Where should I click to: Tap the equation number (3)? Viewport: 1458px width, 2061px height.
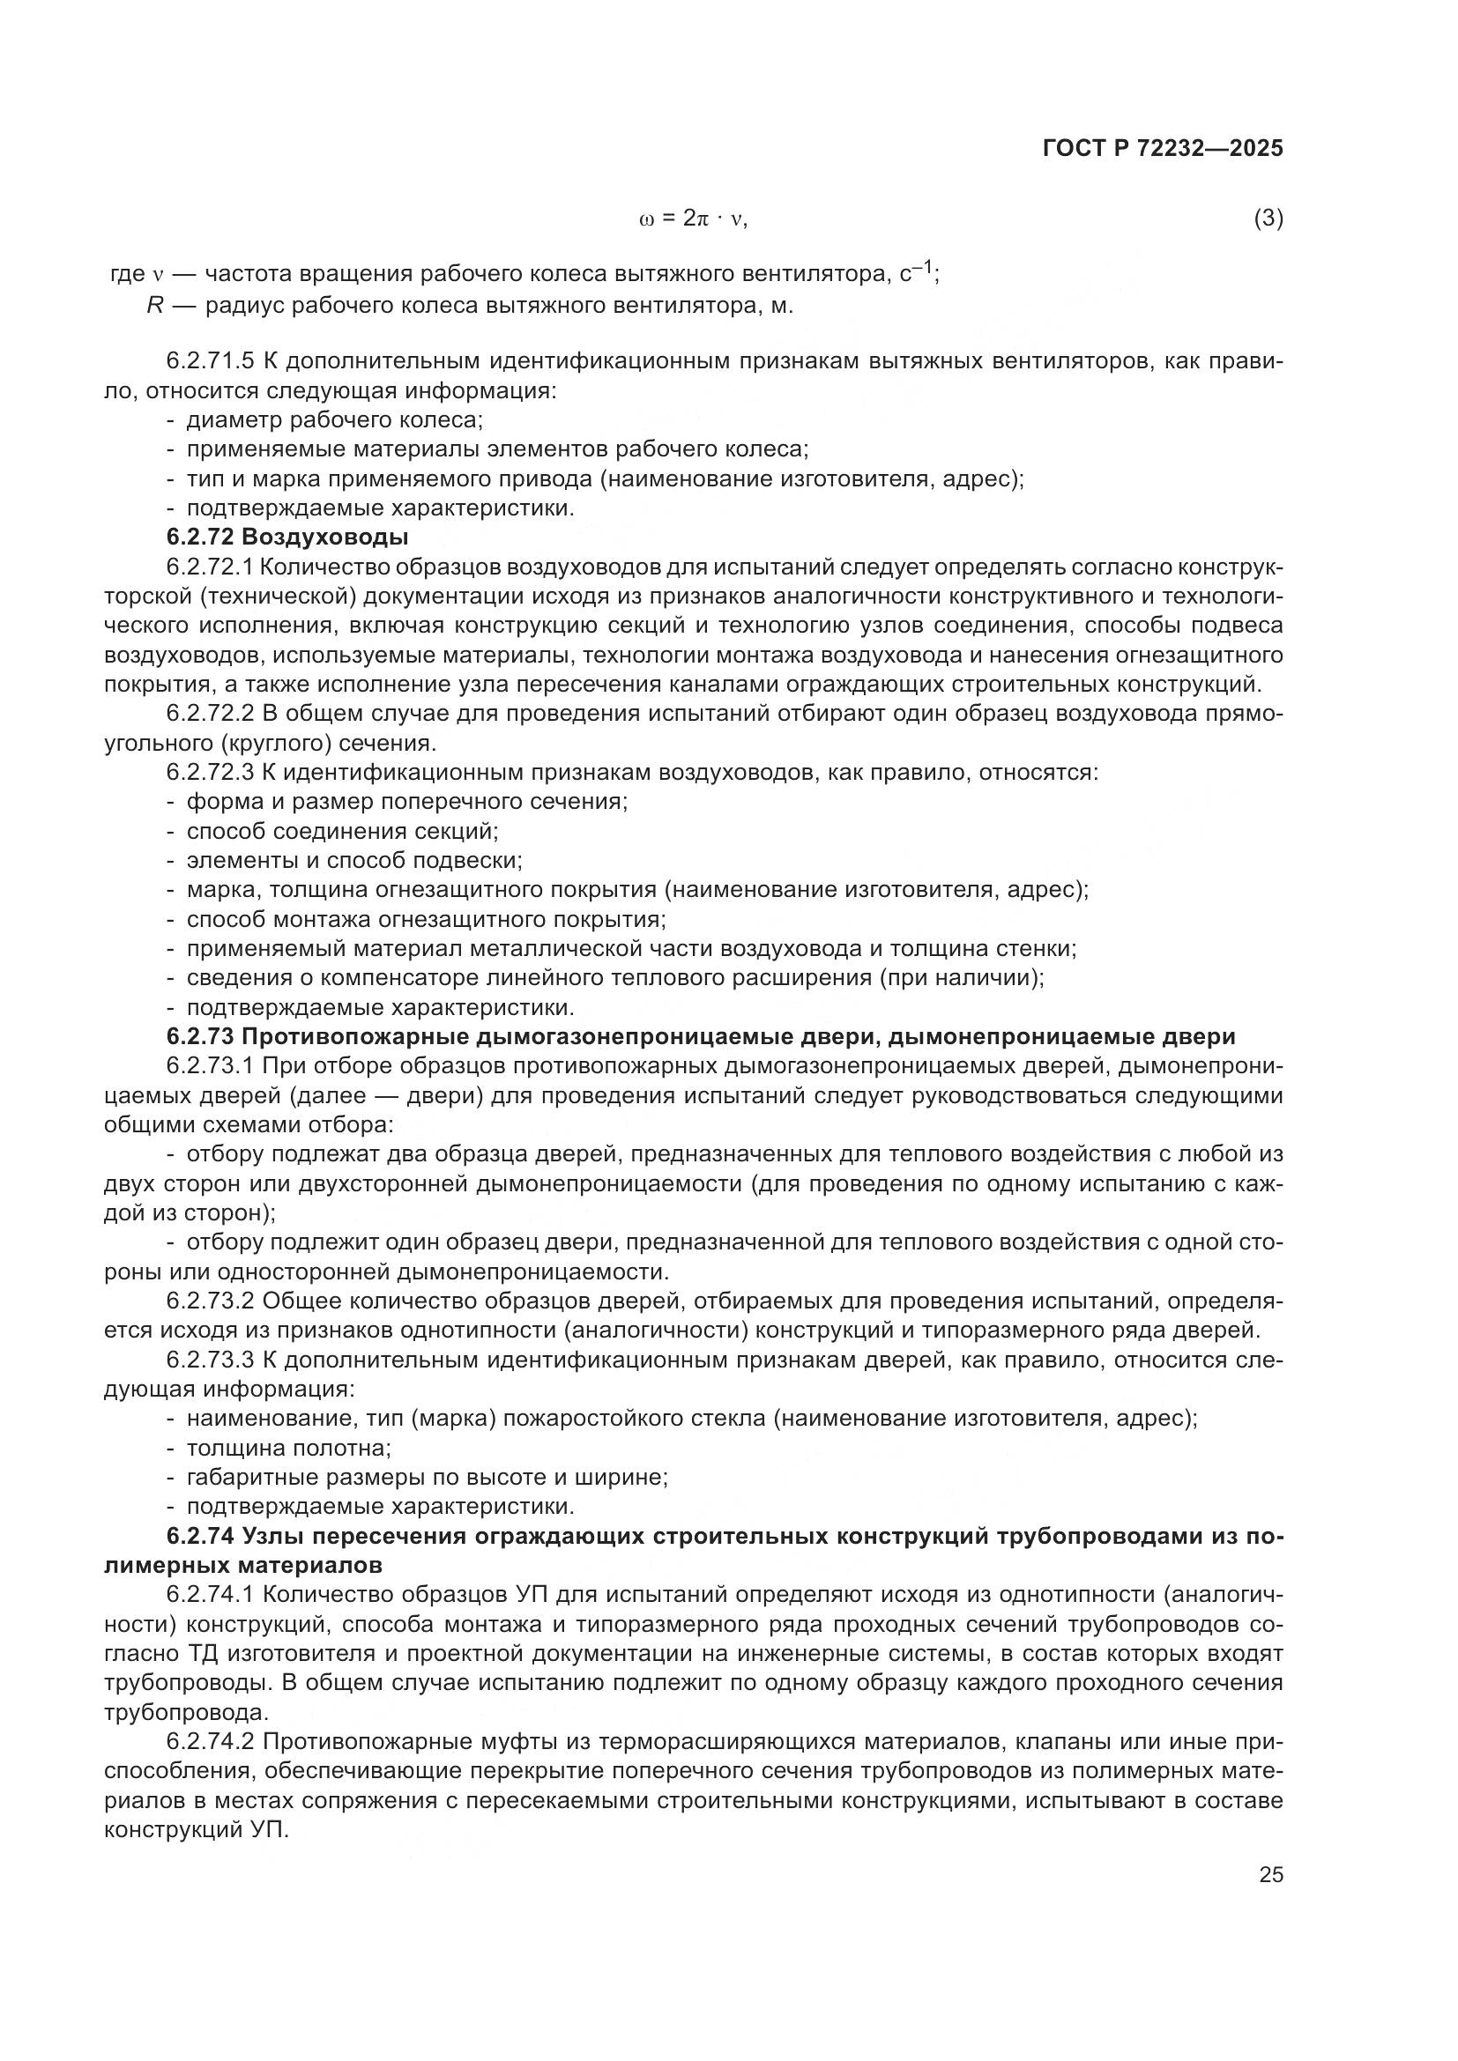[x=1268, y=219]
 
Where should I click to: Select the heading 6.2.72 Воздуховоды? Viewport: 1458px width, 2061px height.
[x=287, y=537]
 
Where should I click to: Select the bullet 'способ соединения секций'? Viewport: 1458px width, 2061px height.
[x=342, y=831]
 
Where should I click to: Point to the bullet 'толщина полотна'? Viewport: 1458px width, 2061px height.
[x=288, y=1448]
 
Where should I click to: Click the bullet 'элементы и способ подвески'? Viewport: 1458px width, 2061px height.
[x=353, y=861]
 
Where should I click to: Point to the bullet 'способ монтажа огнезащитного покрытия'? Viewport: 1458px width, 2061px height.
[x=426, y=919]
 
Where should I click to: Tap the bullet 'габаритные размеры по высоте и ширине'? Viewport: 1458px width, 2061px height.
[x=427, y=1477]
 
